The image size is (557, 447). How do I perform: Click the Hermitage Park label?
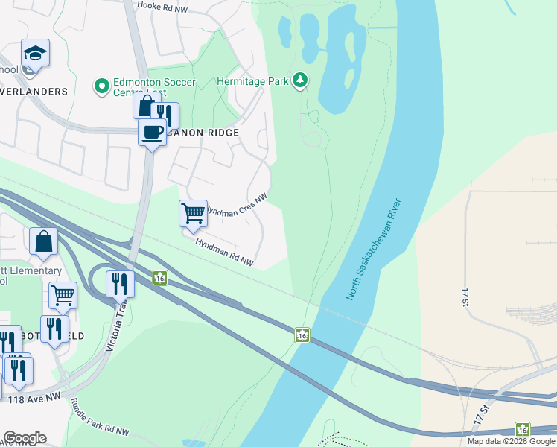[x=252, y=81]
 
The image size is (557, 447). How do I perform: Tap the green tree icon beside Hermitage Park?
[x=299, y=79]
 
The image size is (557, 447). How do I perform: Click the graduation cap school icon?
[x=35, y=54]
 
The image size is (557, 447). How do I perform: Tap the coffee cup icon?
[x=152, y=133]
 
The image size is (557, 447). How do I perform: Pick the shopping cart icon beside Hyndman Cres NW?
[x=193, y=213]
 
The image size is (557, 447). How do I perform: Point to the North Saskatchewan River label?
[x=374, y=250]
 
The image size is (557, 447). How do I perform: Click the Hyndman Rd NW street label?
[x=224, y=253]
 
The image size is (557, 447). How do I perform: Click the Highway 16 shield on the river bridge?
[x=302, y=335]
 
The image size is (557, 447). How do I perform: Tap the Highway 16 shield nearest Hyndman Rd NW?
[x=160, y=278]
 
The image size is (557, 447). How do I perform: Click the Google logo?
[x=25, y=438]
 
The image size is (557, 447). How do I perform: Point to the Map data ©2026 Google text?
[x=512, y=441]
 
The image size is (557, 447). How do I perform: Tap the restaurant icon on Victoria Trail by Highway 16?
[x=119, y=284]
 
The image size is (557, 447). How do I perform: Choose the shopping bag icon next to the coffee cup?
[x=146, y=105]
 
